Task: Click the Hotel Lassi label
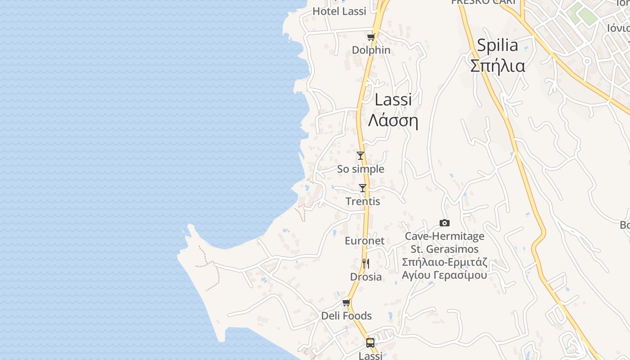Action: click(x=339, y=11)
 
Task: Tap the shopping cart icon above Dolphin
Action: click(x=371, y=37)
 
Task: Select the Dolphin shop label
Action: click(x=371, y=50)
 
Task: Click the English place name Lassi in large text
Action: click(x=393, y=100)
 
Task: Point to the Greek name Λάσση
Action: click(x=393, y=121)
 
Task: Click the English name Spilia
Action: click(x=497, y=45)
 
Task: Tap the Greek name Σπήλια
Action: click(x=497, y=66)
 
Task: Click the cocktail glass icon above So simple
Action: click(x=360, y=156)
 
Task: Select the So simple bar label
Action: click(x=360, y=169)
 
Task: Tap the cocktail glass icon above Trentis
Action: click(x=363, y=188)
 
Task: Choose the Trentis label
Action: click(x=363, y=201)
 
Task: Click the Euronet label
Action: click(x=364, y=241)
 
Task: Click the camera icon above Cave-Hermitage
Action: click(x=444, y=223)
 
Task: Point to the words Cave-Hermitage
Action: click(x=444, y=236)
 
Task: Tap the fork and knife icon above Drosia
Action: click(x=366, y=264)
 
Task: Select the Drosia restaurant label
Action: click(x=366, y=277)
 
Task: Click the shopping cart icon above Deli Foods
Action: click(x=346, y=303)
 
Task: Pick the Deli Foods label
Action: click(x=346, y=316)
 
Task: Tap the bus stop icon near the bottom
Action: click(x=370, y=343)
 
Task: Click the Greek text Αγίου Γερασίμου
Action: click(x=444, y=275)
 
